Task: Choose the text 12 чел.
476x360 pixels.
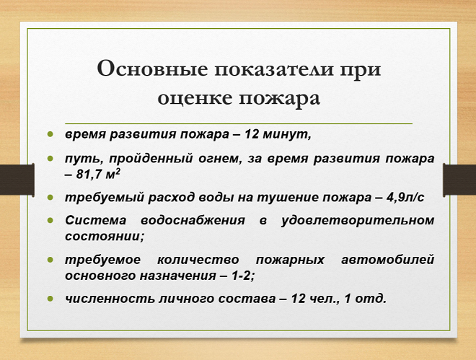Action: pyautogui.click(x=310, y=297)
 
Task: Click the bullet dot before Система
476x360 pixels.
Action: pyautogui.click(x=51, y=219)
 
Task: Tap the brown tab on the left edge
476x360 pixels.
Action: pyautogui.click(x=17, y=180)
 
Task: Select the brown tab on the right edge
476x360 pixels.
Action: pyautogui.click(x=459, y=180)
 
